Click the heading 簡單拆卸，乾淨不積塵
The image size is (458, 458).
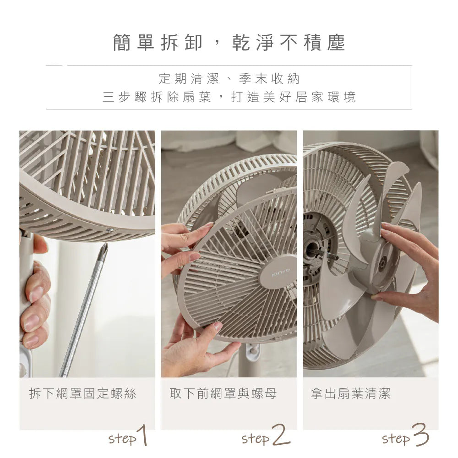point(229,43)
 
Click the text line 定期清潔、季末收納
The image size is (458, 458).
point(229,79)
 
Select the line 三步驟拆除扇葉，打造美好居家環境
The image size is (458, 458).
point(229,97)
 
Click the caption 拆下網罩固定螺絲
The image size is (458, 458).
point(82,393)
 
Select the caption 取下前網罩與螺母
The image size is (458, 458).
point(223,393)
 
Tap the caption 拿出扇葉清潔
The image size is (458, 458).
point(350,393)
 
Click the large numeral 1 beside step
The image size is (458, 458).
point(143,436)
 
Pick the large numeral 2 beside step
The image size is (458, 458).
point(280,436)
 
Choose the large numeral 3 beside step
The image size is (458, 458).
point(420,436)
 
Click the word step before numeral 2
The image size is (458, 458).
point(255,439)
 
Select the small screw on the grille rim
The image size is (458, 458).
point(109,230)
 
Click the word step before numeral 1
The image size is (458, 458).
point(122,439)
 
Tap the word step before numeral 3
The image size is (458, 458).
point(396,439)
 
